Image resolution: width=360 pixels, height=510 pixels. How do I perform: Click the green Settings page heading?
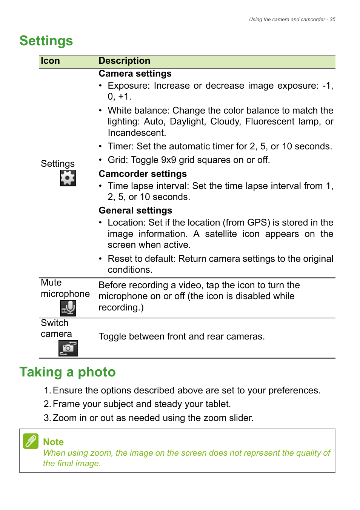pos(46,41)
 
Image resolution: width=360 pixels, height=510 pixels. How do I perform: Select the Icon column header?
pos(50,61)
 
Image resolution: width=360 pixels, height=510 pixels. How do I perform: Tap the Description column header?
pos(124,61)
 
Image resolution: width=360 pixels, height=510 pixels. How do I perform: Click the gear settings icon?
pos(68,178)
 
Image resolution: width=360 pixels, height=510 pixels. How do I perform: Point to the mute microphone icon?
pos(68,308)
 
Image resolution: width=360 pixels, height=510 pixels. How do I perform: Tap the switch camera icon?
pos(68,348)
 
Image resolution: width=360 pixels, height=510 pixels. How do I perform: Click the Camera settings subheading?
pos(135,74)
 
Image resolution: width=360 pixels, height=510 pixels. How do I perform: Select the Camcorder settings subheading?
pos(143,174)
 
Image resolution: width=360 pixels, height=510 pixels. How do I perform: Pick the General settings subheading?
pos(135,210)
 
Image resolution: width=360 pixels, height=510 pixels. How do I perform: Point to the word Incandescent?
pos(136,133)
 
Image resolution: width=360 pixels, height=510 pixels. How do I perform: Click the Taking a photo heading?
pos(68,372)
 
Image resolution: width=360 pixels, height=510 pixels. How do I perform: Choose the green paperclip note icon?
pos(31,441)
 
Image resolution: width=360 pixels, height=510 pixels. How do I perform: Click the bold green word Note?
pos(53,442)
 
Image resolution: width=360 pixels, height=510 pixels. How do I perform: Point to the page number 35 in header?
pos(332,20)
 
